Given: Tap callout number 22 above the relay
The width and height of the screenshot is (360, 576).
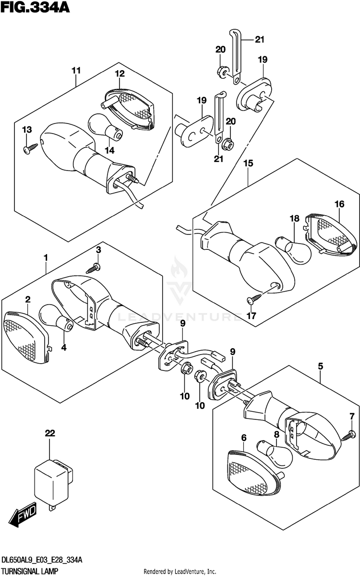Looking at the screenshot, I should (x=50, y=433).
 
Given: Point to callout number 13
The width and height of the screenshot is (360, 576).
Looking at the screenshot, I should (x=26, y=130).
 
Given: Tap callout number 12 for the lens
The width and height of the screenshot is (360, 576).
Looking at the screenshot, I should (x=119, y=74).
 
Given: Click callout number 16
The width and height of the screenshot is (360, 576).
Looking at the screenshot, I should (x=339, y=204).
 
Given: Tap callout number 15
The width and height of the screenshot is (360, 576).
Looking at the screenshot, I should (x=248, y=163).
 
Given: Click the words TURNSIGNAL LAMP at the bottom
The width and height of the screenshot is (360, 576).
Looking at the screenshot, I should (x=30, y=571).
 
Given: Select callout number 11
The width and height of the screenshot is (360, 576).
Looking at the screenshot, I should (x=76, y=71).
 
